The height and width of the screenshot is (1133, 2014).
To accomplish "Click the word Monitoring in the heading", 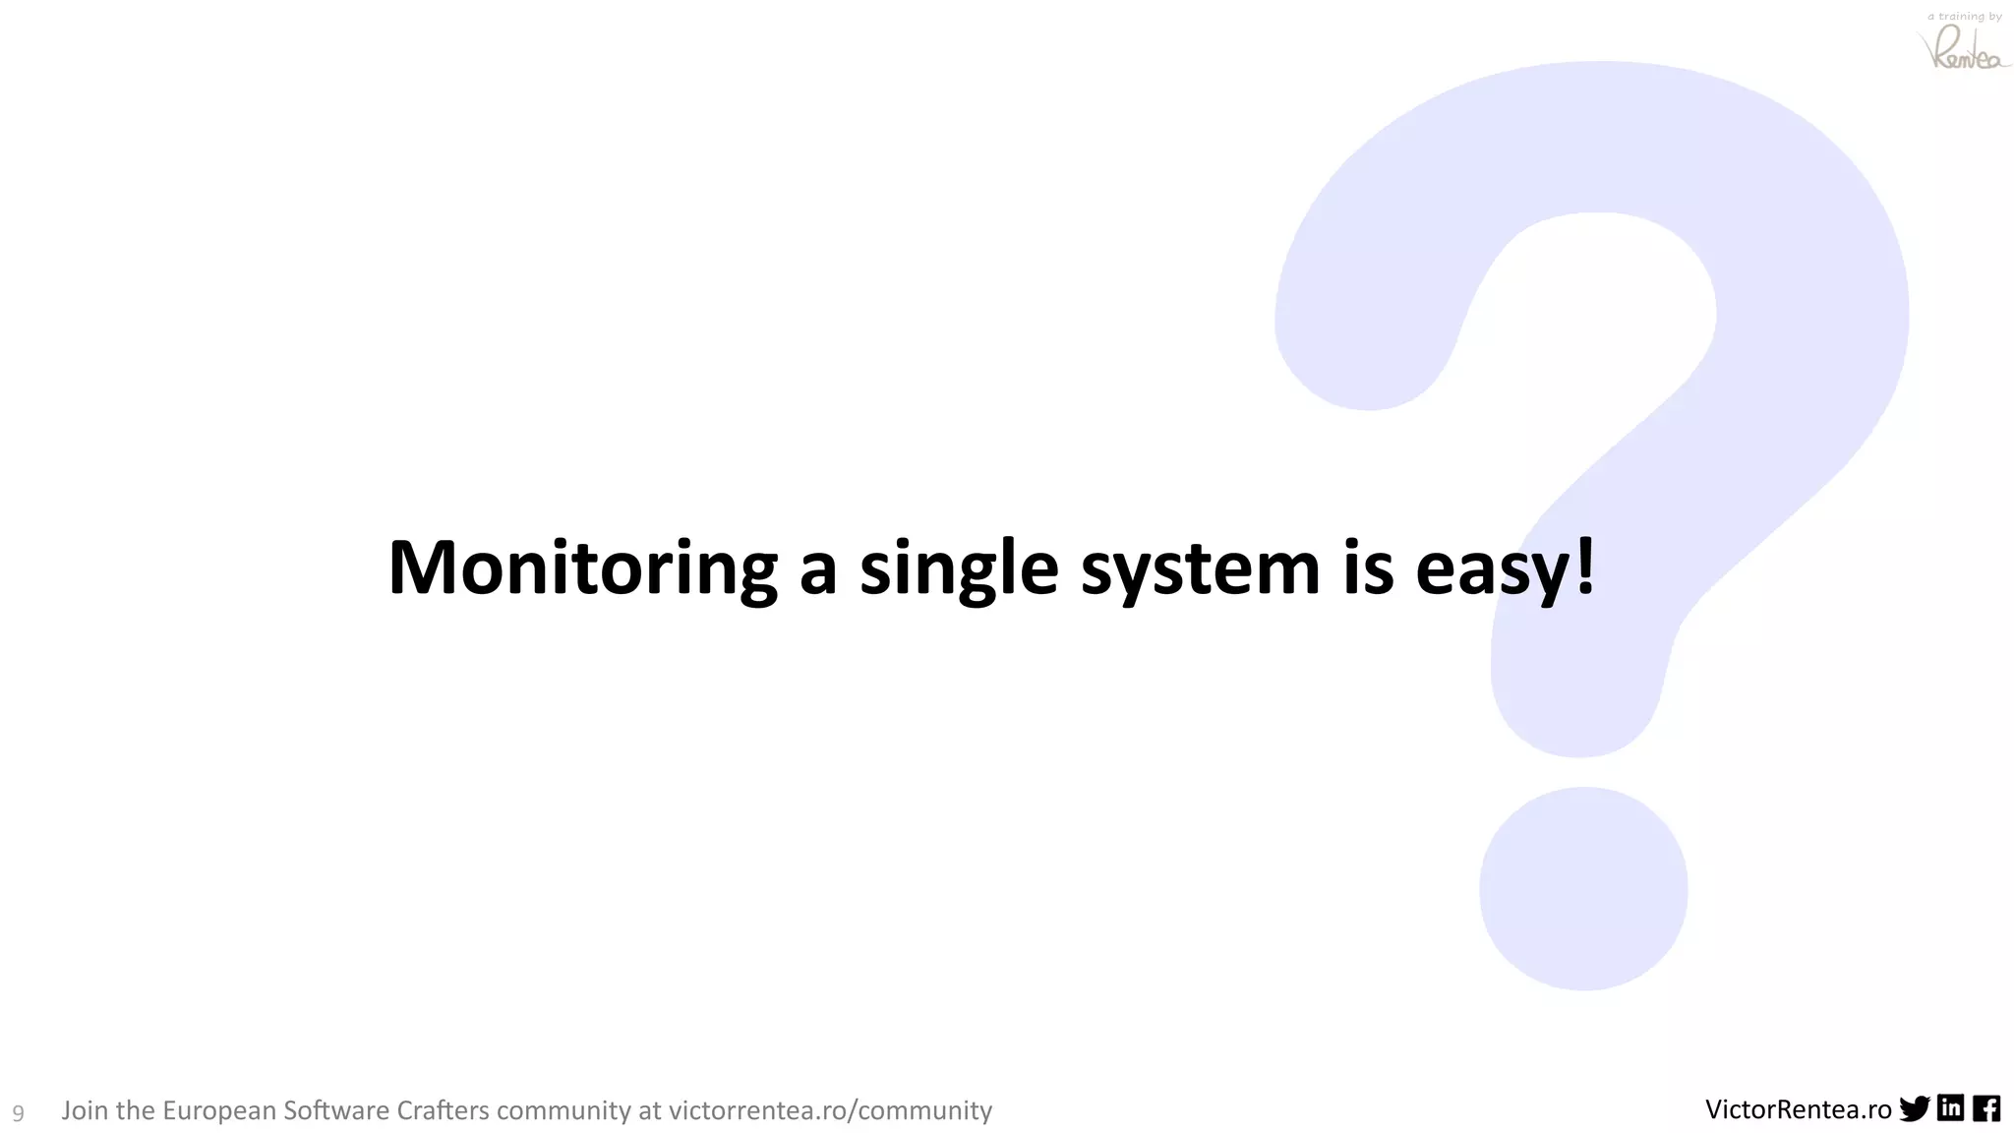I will [x=582, y=568].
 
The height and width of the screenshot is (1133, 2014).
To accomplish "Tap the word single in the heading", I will [x=959, y=568].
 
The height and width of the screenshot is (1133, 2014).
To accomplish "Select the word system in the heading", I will [x=1200, y=568].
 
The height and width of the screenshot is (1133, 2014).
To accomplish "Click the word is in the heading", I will [x=1368, y=568].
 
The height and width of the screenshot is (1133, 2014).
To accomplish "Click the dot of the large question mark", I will [x=1583, y=888].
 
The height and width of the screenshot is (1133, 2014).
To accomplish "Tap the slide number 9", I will [x=18, y=1113].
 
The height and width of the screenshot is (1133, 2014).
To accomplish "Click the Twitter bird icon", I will [x=1915, y=1109].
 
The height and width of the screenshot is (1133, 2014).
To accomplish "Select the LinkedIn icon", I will [x=1951, y=1108].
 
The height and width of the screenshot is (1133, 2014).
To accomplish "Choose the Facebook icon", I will [x=1986, y=1108].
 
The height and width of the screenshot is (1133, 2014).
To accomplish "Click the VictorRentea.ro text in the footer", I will [x=1798, y=1109].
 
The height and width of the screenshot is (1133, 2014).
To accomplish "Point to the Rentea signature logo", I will [x=1963, y=49].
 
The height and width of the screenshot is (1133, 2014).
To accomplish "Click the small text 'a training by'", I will [x=1965, y=17].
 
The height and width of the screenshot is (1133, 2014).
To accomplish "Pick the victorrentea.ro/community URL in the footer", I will [x=830, y=1110].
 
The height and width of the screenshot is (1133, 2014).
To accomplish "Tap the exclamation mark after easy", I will [x=1584, y=566].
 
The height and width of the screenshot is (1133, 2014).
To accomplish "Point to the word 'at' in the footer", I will [x=650, y=1110].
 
